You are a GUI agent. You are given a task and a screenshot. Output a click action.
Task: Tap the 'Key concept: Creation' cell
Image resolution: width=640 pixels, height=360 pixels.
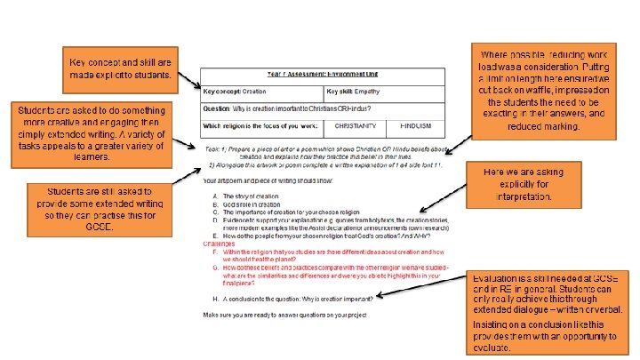pos(262,92)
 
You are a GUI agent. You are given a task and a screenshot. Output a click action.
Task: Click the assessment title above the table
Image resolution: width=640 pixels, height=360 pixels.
pos(322,76)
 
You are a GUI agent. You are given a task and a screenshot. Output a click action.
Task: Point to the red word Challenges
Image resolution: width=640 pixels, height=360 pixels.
pos(221,242)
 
